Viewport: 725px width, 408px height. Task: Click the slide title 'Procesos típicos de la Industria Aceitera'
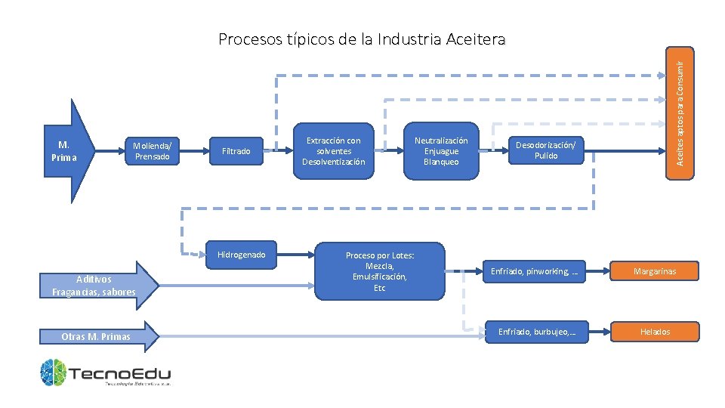pyautogui.click(x=362, y=39)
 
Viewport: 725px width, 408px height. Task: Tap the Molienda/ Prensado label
pyautogui.click(x=152, y=151)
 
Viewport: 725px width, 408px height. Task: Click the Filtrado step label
pyautogui.click(x=236, y=151)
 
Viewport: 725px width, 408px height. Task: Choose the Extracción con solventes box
pyautogui.click(x=333, y=151)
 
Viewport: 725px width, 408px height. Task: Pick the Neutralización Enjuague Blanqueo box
pyautogui.click(x=441, y=151)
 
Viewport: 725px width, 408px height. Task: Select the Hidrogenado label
pyautogui.click(x=241, y=255)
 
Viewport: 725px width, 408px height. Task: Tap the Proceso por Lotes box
pyautogui.click(x=379, y=271)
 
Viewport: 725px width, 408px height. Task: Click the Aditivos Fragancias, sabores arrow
pyautogui.click(x=95, y=286)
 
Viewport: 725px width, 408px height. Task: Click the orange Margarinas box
pyautogui.click(x=655, y=270)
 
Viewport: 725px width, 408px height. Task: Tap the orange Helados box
pyautogui.click(x=655, y=332)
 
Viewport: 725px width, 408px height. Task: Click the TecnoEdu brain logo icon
pyautogui.click(x=54, y=372)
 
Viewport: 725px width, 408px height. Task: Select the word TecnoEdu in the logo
pyautogui.click(x=121, y=372)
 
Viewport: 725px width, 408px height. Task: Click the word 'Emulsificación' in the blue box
pyautogui.click(x=379, y=277)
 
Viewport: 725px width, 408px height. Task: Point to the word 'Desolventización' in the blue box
pyautogui.click(x=333, y=162)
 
